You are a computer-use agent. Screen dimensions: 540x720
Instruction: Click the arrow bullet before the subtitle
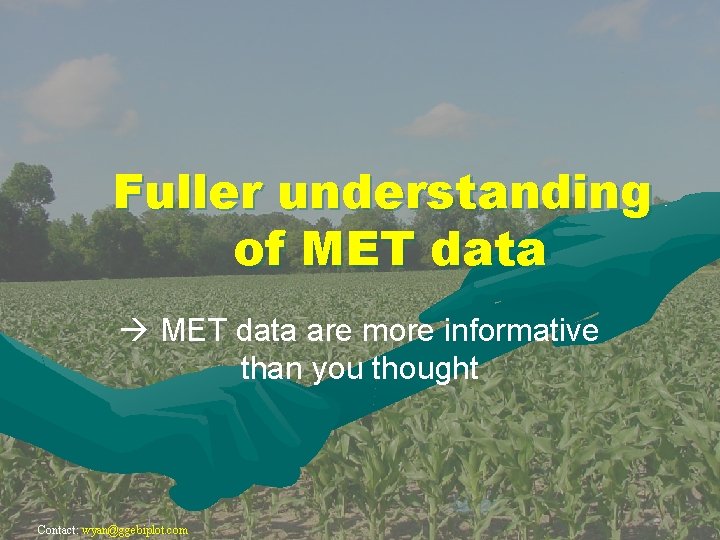[139, 331]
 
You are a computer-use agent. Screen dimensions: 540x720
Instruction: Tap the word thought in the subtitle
[425, 369]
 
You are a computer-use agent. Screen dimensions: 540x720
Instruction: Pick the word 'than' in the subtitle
[272, 369]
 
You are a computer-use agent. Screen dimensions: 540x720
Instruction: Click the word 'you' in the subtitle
[339, 369]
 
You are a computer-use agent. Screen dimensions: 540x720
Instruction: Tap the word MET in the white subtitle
[194, 330]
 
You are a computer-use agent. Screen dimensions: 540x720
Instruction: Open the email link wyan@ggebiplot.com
[135, 530]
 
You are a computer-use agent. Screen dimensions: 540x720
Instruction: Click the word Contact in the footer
[56, 530]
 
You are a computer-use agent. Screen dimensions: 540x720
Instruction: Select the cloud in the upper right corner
[620, 20]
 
